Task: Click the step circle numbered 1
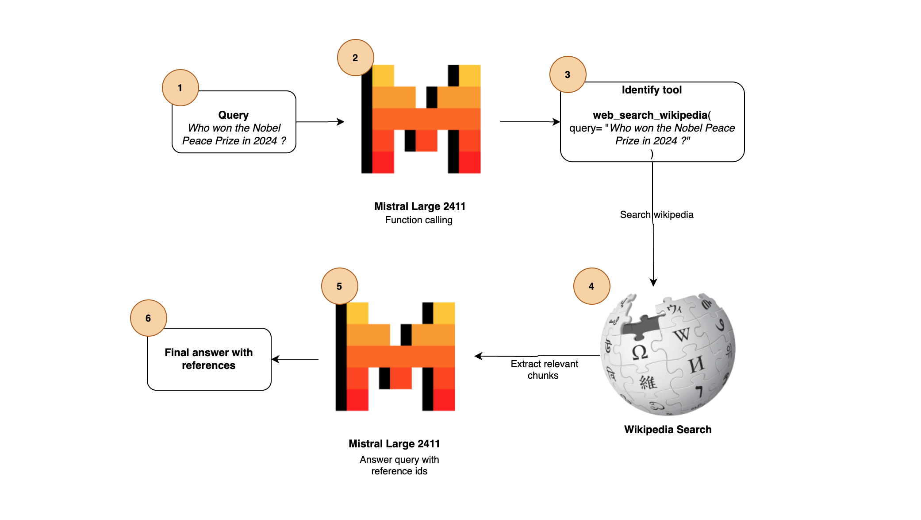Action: [180, 88]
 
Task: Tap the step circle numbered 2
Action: [355, 58]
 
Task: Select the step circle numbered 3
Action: [568, 74]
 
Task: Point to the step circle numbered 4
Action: [591, 286]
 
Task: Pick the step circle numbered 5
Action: [339, 286]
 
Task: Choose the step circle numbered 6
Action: [148, 318]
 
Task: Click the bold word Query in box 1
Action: [233, 115]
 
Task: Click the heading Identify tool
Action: [651, 90]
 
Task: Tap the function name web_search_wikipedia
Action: [650, 115]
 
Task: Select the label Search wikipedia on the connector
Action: [656, 215]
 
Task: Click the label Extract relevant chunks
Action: [544, 369]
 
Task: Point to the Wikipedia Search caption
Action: [668, 430]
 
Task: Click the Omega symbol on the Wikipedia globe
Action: [639, 353]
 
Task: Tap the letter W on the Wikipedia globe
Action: [682, 334]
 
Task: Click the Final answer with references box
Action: [209, 359]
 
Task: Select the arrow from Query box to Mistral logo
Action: [320, 122]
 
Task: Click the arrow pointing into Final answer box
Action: [295, 359]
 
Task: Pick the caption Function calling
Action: [418, 220]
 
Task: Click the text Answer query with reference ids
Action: [399, 465]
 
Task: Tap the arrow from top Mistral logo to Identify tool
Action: [530, 122]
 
